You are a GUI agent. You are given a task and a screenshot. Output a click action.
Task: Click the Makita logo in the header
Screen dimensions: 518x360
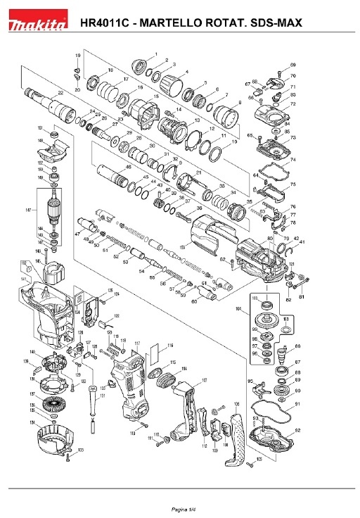pyautogui.click(x=37, y=25)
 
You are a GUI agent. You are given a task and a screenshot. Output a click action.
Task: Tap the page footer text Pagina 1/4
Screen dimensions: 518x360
pyautogui.click(x=180, y=508)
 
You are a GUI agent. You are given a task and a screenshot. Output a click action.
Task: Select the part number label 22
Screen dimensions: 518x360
pyautogui.click(x=61, y=92)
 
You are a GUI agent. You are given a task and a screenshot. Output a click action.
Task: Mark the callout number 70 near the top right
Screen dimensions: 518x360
pyautogui.click(x=293, y=76)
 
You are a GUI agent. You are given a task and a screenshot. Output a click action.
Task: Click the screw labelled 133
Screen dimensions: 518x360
pyautogui.click(x=67, y=458)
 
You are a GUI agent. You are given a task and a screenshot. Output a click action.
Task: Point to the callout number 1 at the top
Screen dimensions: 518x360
pyautogui.click(x=155, y=54)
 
